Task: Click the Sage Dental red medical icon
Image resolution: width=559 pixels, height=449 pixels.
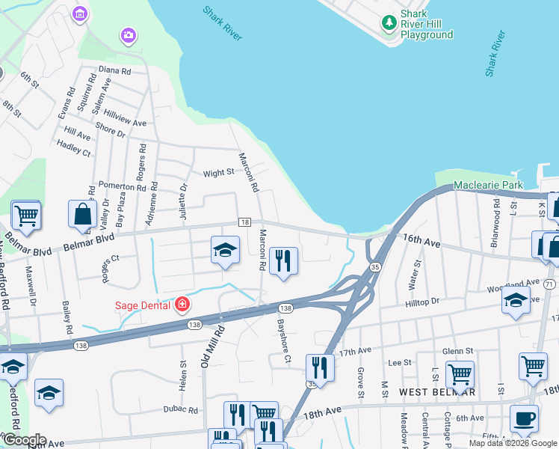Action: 182,304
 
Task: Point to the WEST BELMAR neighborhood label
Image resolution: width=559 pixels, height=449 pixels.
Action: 437,392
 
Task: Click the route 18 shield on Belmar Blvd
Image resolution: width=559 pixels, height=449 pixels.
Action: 244,222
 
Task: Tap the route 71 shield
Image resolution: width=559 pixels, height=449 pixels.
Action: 550,284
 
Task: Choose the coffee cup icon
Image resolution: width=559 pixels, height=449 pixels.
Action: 524,419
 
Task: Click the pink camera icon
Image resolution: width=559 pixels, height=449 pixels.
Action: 129,35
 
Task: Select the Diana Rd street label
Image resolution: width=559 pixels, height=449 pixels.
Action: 114,71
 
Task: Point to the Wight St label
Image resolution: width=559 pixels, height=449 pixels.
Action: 219,173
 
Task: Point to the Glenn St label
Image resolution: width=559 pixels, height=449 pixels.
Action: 457,351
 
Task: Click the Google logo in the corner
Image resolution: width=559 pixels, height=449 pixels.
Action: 24,440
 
